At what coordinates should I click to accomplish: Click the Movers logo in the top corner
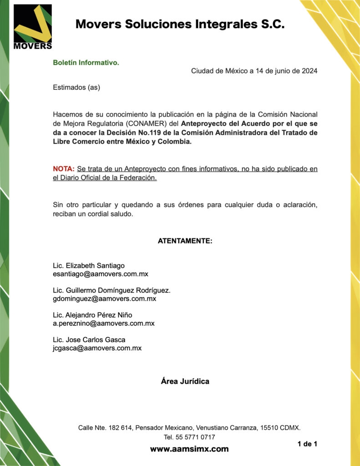(x=33, y=27)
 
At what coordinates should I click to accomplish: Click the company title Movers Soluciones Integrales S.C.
(x=180, y=24)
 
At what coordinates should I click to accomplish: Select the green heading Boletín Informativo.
(x=86, y=62)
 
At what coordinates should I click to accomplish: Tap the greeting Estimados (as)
(x=76, y=87)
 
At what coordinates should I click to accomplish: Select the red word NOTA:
(x=64, y=169)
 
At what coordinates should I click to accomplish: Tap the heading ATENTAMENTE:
(x=185, y=241)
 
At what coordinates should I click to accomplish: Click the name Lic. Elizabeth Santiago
(x=89, y=265)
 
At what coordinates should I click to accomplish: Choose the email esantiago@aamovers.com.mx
(x=101, y=274)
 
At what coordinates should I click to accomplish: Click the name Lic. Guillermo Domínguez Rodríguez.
(x=112, y=290)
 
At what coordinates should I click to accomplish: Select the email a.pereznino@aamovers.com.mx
(x=104, y=324)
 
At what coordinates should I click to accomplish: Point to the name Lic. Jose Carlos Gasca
(x=89, y=339)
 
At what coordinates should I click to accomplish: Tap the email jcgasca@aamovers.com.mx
(x=97, y=348)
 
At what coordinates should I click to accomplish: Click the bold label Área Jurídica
(x=185, y=381)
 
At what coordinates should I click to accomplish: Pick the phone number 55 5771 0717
(x=196, y=437)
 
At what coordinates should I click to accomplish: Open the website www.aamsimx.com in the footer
(x=189, y=449)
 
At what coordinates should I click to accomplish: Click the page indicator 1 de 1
(x=307, y=444)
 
